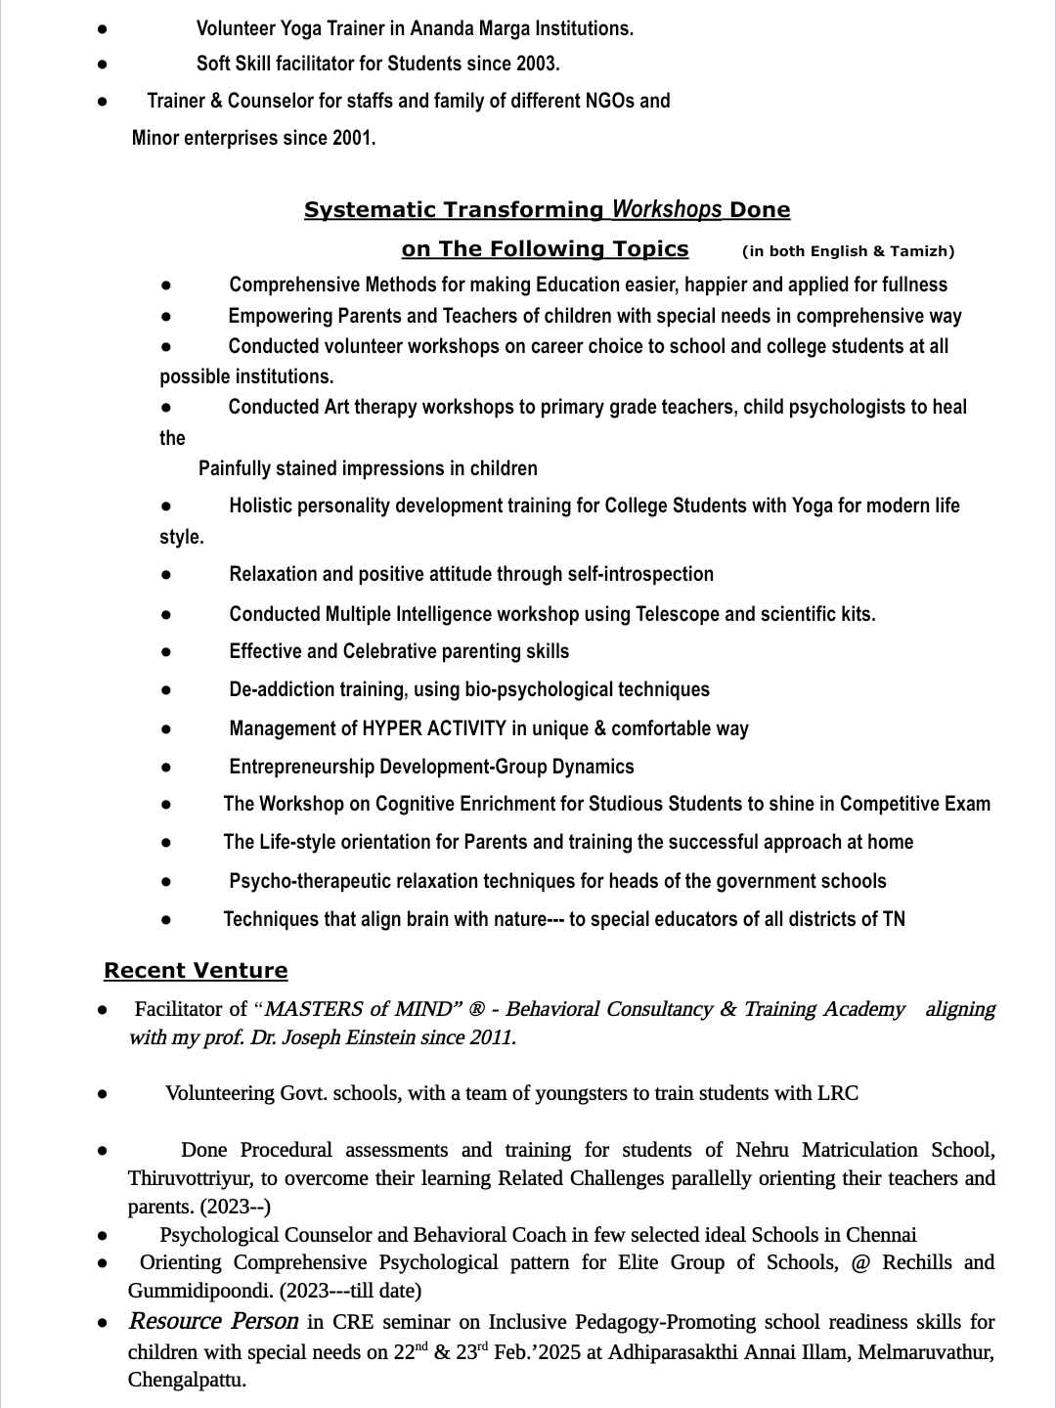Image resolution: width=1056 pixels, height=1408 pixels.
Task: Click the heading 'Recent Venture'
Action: click(x=196, y=971)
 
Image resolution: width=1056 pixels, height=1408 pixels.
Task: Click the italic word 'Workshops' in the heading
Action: click(x=667, y=209)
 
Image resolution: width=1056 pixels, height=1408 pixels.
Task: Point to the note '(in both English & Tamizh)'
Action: click(x=848, y=251)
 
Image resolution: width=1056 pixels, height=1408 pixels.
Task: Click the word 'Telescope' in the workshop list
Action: click(x=678, y=614)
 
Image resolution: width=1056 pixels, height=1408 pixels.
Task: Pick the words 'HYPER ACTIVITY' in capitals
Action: click(x=434, y=728)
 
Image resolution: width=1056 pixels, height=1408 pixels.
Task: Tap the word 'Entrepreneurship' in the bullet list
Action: click(x=302, y=767)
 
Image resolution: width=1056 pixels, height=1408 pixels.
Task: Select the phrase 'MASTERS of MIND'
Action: click(x=363, y=1009)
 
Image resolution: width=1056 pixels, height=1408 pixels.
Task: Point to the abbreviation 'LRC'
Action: click(x=838, y=1093)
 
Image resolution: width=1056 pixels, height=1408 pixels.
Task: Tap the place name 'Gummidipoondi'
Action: click(x=200, y=1291)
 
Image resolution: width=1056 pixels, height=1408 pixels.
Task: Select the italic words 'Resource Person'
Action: click(x=213, y=1322)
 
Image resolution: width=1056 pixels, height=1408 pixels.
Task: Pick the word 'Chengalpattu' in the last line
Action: click(x=185, y=1381)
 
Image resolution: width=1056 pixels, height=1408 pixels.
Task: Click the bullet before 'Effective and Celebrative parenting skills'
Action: click(x=167, y=652)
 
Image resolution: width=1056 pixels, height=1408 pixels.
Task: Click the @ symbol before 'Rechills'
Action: click(x=860, y=1262)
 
